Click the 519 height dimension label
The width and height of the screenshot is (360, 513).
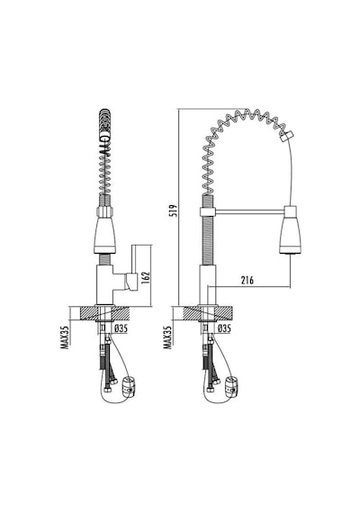(174, 211)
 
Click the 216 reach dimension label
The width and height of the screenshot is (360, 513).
(247, 280)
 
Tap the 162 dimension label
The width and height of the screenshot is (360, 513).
(146, 277)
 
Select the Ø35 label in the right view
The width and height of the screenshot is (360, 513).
(224, 328)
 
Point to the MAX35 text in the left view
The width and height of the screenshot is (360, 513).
(65, 337)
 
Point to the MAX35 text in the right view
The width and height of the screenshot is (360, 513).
(168, 337)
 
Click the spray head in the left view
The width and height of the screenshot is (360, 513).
(104, 235)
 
